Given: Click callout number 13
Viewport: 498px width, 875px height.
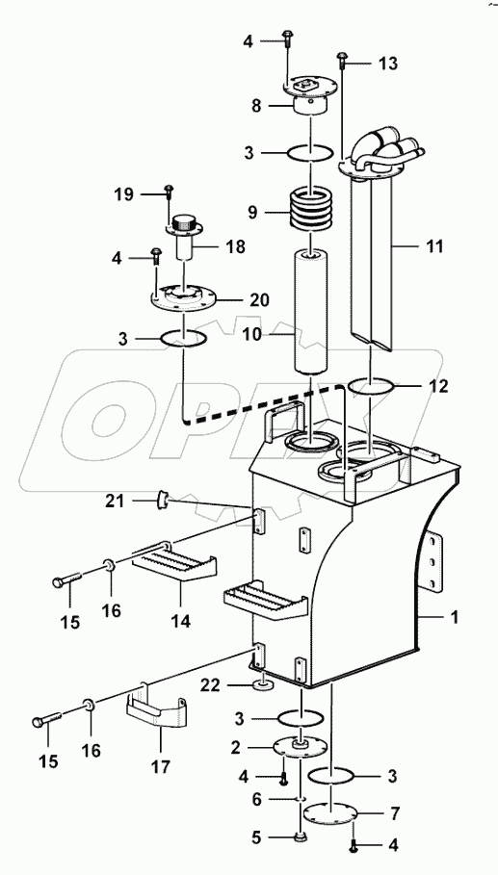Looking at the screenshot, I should (x=387, y=64).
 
